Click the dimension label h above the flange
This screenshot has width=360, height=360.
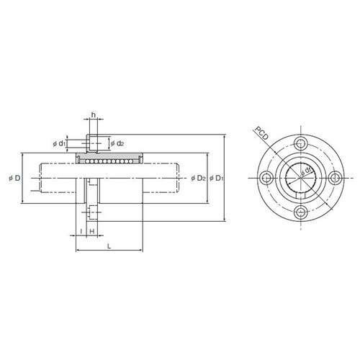point(94,115)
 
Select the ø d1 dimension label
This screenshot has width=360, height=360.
point(59,144)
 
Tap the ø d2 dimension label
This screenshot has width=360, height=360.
point(117,143)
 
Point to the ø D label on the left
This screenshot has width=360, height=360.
point(14,178)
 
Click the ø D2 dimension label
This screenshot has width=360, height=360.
point(199,178)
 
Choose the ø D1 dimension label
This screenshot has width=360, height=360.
point(217,178)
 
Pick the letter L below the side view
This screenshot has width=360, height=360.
point(109,246)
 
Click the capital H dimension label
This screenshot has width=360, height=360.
point(92,231)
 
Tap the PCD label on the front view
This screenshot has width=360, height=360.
point(261,133)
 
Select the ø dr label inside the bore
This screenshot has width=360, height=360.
point(306,171)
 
